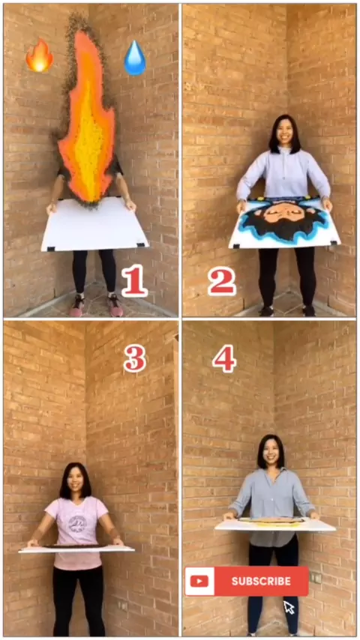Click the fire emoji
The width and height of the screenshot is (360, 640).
39,55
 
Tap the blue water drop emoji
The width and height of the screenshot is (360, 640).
135,58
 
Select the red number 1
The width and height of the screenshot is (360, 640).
134,280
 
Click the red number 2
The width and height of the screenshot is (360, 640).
222,281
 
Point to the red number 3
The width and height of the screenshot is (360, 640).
135,358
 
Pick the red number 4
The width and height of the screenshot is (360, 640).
224,358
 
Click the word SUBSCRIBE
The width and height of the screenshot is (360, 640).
261,582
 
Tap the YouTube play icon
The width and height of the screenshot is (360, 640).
199,582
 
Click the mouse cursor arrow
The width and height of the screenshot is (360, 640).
289,607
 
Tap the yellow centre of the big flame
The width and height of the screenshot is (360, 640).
88,135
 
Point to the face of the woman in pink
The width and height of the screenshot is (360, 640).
76,481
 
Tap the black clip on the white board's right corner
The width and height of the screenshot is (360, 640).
142,244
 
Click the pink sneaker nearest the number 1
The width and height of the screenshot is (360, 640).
115,306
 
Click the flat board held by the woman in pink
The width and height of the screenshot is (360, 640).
76,549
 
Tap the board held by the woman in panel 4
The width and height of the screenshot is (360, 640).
275,525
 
